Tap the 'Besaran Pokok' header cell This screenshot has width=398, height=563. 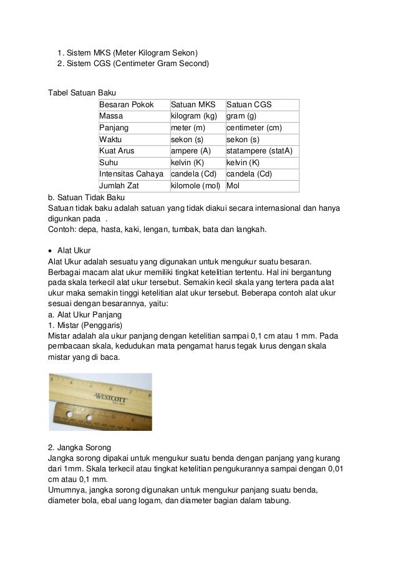click(127, 105)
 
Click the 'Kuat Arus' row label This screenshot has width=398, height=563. click(117, 151)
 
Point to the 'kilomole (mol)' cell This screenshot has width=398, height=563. click(197, 186)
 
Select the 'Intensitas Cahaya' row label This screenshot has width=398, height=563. click(130, 174)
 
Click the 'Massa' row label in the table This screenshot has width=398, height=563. click(111, 117)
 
